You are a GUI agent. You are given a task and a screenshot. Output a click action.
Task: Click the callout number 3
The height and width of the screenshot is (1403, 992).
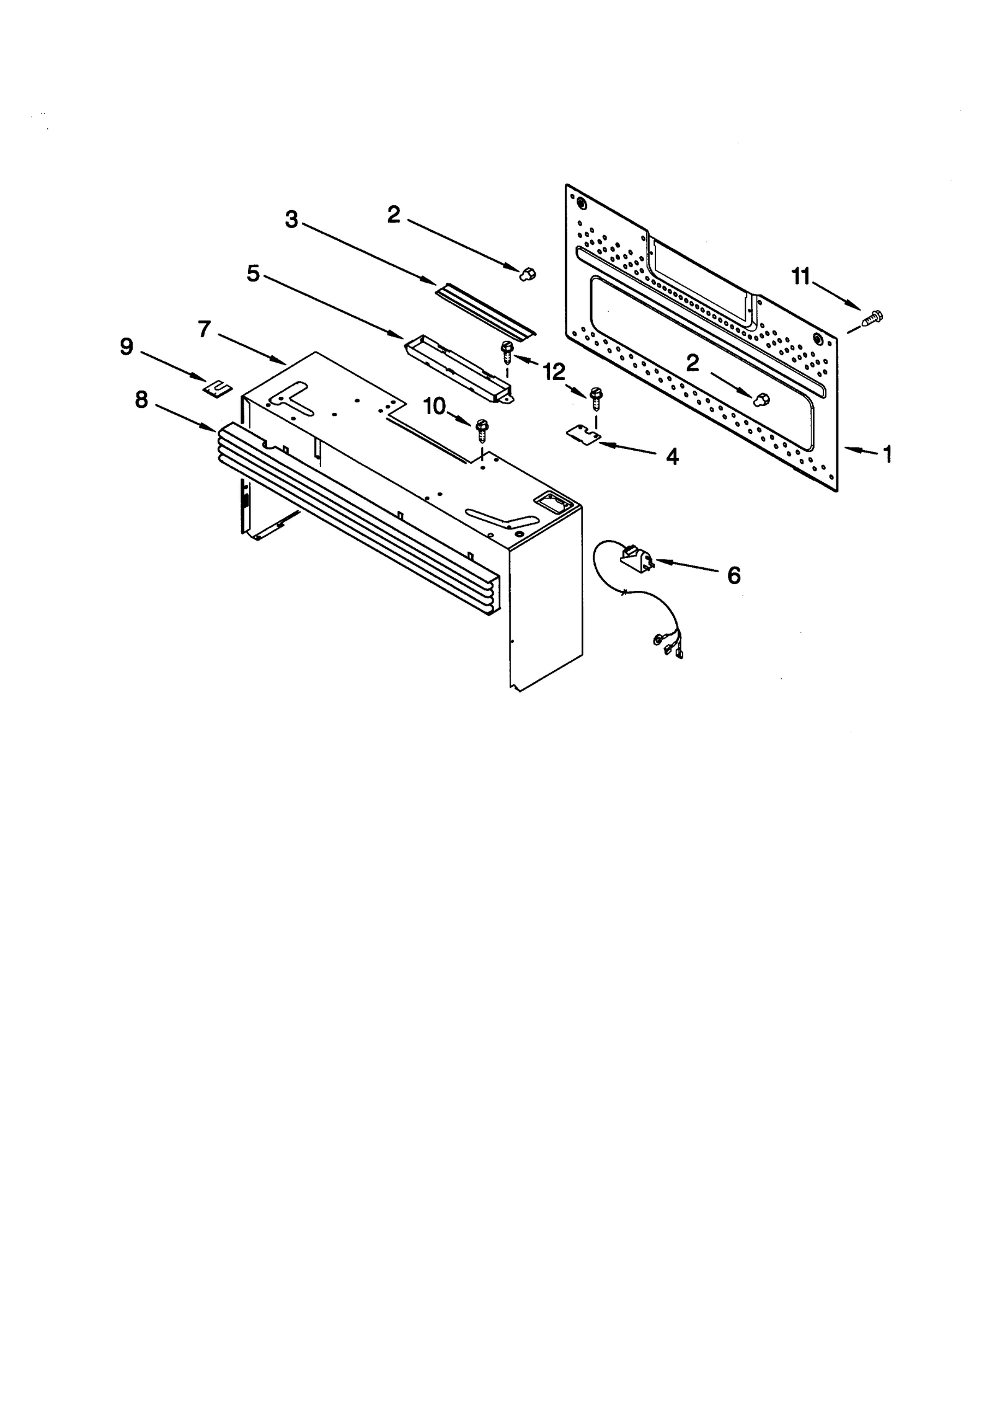pyautogui.click(x=291, y=219)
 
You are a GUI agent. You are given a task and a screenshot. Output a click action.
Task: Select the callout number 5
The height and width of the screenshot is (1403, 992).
pyautogui.click(x=253, y=273)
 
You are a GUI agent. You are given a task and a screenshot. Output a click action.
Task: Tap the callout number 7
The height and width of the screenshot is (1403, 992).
pyautogui.click(x=205, y=329)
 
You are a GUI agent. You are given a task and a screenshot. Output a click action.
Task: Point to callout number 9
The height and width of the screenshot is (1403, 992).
pyautogui.click(x=126, y=347)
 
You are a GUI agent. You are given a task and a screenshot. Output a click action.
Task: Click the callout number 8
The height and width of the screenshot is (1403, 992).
pyautogui.click(x=141, y=400)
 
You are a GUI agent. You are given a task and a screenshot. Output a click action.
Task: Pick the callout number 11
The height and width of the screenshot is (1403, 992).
pyautogui.click(x=801, y=277)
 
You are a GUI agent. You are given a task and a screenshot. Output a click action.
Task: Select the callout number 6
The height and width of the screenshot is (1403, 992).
pyautogui.click(x=733, y=576)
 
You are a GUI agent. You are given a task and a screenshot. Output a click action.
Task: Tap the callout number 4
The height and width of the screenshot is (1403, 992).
pyautogui.click(x=672, y=457)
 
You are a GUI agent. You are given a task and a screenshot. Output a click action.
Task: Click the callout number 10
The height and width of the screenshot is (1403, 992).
pyautogui.click(x=435, y=406)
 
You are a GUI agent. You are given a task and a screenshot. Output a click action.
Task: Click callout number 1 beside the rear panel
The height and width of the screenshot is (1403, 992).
pyautogui.click(x=888, y=454)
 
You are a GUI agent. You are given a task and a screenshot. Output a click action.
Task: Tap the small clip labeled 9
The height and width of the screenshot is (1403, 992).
pyautogui.click(x=218, y=388)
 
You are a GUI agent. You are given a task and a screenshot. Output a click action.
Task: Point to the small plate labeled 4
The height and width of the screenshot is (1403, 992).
pyautogui.click(x=583, y=435)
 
